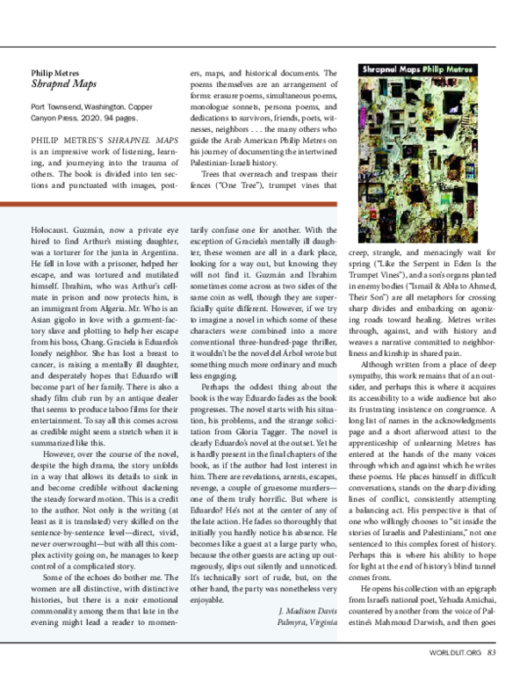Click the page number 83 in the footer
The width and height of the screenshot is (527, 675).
point(493,652)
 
